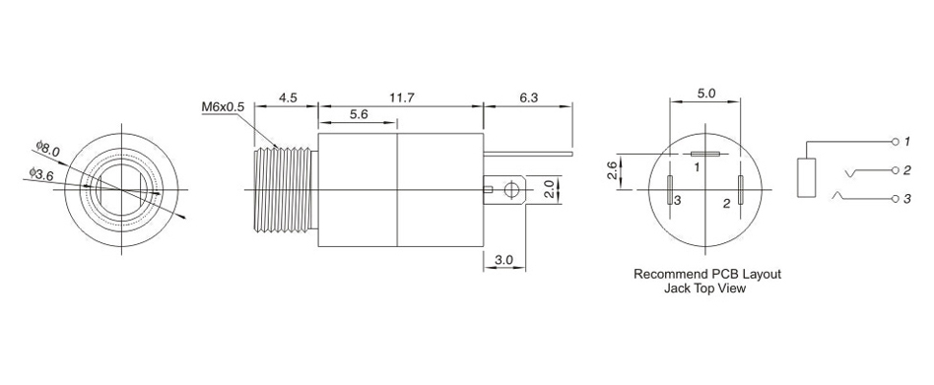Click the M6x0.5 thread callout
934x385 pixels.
click(x=223, y=107)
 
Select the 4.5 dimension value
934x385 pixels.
click(x=288, y=98)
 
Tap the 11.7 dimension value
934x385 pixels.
click(x=401, y=98)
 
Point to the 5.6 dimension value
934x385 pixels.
click(x=358, y=115)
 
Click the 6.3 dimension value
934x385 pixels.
click(x=528, y=98)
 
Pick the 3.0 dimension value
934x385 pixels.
click(x=503, y=260)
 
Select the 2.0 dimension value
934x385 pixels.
click(x=551, y=190)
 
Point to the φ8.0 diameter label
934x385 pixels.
click(x=47, y=148)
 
